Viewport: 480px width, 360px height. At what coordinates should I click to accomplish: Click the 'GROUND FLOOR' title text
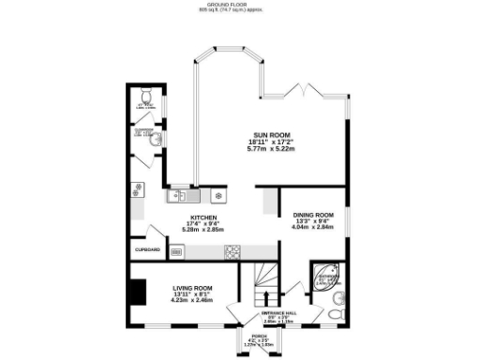point(240,4)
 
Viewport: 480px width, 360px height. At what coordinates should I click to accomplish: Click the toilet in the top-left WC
point(146,97)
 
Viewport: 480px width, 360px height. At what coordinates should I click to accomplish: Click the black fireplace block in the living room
point(139,293)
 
